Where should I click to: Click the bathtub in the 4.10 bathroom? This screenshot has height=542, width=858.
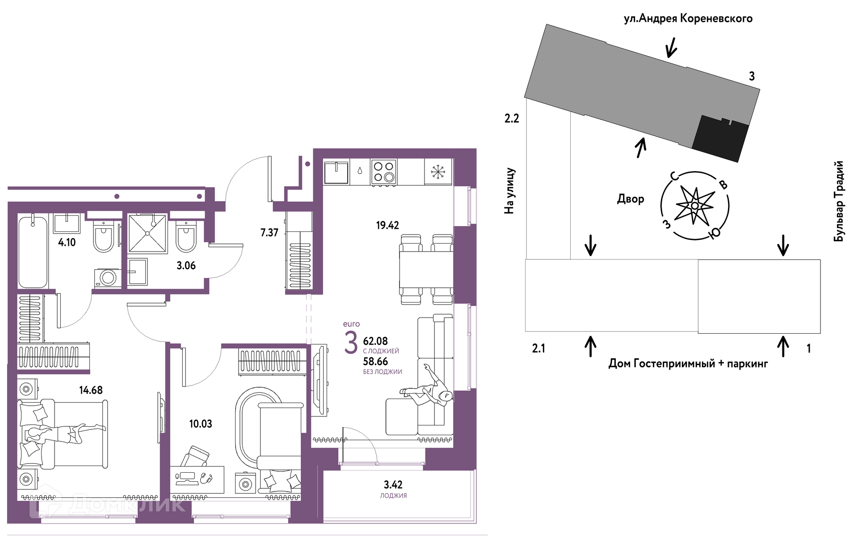(33, 252)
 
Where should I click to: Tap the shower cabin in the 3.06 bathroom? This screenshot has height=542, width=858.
(147, 234)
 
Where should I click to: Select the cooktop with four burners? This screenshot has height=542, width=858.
(383, 172)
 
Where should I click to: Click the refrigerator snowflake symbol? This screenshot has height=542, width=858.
(438, 172)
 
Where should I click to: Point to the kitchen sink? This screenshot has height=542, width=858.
(336, 172)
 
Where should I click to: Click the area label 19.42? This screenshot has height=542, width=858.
(387, 225)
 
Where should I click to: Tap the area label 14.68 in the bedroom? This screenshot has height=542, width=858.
(91, 390)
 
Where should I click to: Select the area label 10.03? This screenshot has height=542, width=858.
(201, 424)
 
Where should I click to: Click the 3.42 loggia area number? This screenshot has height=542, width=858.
(393, 484)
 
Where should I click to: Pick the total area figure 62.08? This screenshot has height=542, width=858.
(375, 341)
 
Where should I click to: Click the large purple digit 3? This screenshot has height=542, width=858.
(351, 342)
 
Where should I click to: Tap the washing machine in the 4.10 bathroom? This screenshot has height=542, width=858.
(107, 278)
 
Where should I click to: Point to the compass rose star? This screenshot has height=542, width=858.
(694, 206)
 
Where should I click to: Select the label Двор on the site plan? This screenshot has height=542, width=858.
(631, 199)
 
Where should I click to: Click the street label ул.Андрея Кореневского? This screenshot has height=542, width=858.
(688, 18)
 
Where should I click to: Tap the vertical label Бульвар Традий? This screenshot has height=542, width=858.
(839, 201)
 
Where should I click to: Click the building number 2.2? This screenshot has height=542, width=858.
(512, 118)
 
